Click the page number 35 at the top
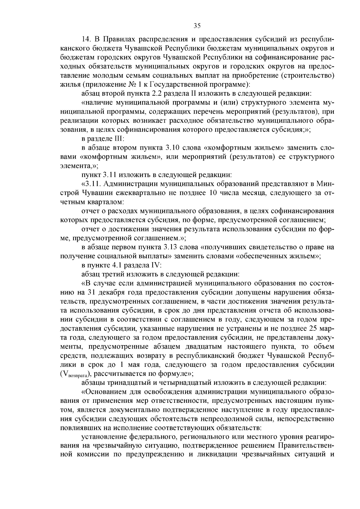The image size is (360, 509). point(197,26)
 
